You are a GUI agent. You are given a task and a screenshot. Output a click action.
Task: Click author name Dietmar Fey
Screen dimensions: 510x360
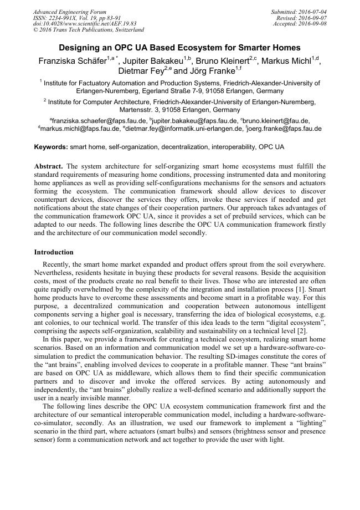tap(140, 71)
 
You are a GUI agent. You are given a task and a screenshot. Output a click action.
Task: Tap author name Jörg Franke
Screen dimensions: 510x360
tap(208, 71)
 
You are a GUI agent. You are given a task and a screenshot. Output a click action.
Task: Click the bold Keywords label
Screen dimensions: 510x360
tap(51, 147)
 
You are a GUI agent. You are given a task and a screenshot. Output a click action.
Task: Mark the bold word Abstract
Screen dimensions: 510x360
tap(49, 166)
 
